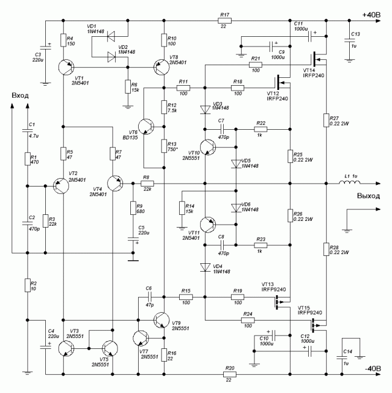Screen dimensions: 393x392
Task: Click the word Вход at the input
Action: click(x=20, y=96)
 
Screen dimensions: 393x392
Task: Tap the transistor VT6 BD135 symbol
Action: click(x=148, y=129)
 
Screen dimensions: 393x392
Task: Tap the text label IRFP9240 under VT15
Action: click(x=309, y=312)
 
